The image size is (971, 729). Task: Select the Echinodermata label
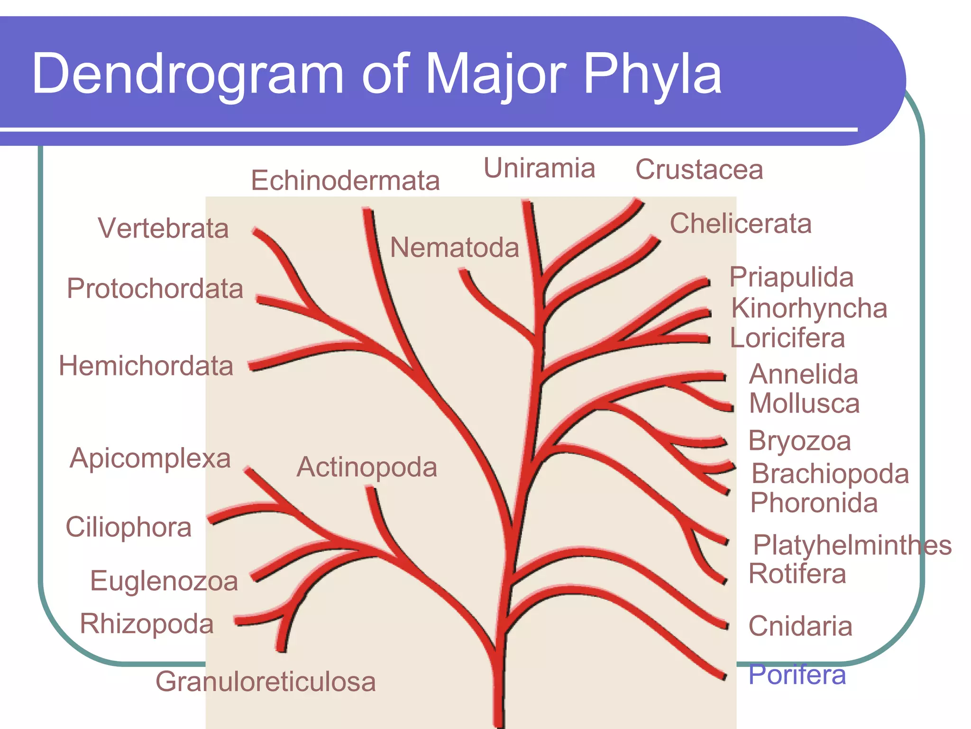coord(345,181)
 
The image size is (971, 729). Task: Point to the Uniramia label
coord(539,168)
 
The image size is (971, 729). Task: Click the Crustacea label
coord(699,169)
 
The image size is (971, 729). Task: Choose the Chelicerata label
coord(741,224)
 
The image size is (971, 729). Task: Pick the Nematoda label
coord(454,248)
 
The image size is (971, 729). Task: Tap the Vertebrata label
coord(163,228)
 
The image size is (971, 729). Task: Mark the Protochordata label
coord(155,289)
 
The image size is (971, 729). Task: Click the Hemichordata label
coord(146,366)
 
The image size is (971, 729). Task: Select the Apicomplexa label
coord(150,458)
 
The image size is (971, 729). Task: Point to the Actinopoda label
coord(366,467)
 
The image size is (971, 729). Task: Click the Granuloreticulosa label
coord(266,682)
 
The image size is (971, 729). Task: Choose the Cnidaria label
coord(800,626)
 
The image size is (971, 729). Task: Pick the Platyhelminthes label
coord(852,545)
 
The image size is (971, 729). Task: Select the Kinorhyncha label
coord(809,308)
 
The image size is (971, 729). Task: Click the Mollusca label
coord(804,404)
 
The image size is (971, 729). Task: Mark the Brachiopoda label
coord(830,474)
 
